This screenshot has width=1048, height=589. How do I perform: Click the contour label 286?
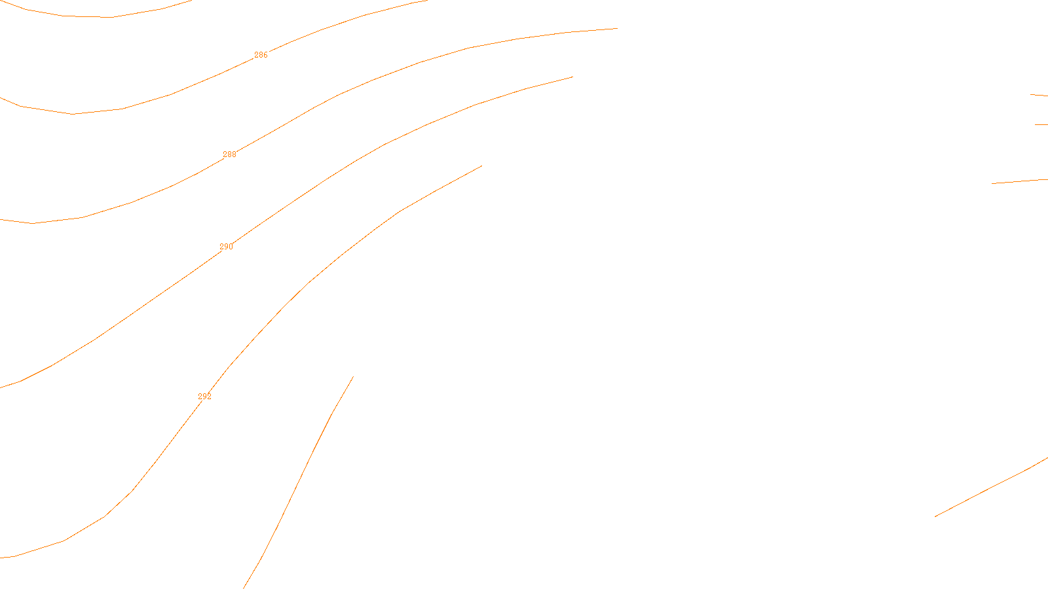261,55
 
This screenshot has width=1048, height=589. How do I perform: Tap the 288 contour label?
229,154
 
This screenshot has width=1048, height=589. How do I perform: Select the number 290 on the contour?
226,247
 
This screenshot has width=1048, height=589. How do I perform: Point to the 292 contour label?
204,397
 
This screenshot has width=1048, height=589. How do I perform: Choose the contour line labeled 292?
308,283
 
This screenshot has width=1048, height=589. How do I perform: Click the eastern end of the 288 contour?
617,28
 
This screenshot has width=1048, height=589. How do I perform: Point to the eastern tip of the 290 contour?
572,77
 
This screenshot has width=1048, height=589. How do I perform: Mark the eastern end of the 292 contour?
481,166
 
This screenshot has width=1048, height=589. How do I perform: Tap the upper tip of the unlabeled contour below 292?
353,376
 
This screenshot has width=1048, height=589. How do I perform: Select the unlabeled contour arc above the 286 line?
111,17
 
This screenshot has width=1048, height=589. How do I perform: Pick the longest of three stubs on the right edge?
1019,181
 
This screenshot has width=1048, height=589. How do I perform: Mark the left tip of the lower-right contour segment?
935,516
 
